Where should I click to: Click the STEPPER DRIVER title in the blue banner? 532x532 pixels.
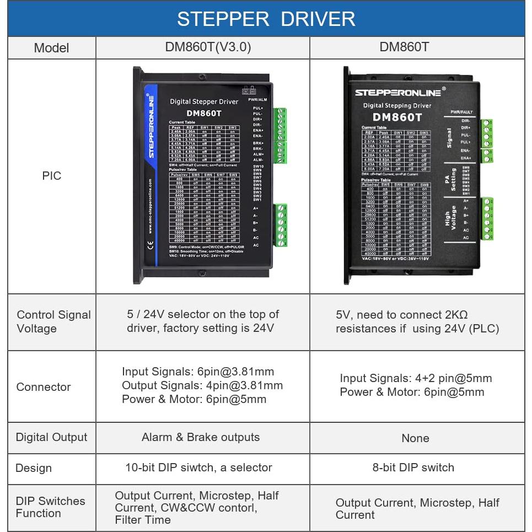(x=266, y=19)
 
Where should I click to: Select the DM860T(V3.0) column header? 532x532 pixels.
(x=208, y=47)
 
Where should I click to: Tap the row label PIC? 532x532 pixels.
(x=52, y=176)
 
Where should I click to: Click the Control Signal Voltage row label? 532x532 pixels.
(x=53, y=321)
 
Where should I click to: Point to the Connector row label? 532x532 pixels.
(x=44, y=387)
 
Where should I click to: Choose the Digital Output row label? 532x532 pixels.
(x=51, y=437)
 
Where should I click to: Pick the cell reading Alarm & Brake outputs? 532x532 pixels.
(x=201, y=437)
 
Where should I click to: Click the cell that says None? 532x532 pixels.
(x=415, y=438)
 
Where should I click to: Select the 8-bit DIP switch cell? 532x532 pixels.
(x=413, y=467)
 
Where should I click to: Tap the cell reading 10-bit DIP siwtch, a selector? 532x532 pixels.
(x=198, y=467)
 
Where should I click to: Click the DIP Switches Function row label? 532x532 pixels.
(x=50, y=507)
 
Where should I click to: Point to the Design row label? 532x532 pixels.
(x=34, y=468)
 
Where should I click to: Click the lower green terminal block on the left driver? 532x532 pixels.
(x=280, y=225)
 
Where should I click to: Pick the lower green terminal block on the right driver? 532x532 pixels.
(x=487, y=219)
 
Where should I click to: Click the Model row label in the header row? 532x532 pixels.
(x=51, y=48)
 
